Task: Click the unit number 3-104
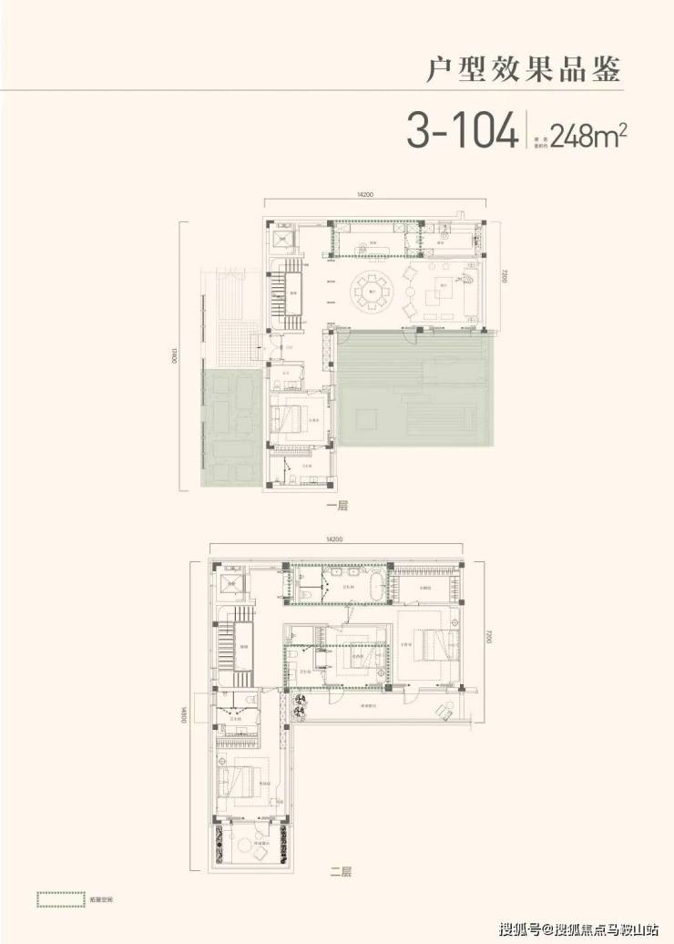click(x=460, y=131)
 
